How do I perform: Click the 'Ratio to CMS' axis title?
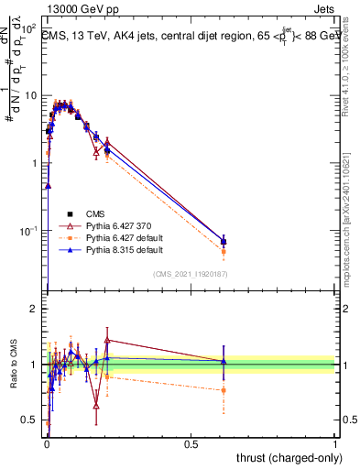pos(14,364)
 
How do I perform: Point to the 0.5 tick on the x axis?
pos(191,444)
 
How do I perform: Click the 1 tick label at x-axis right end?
pos(335,444)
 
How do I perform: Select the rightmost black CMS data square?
pos(224,242)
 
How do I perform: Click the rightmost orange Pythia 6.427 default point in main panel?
pos(224,251)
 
